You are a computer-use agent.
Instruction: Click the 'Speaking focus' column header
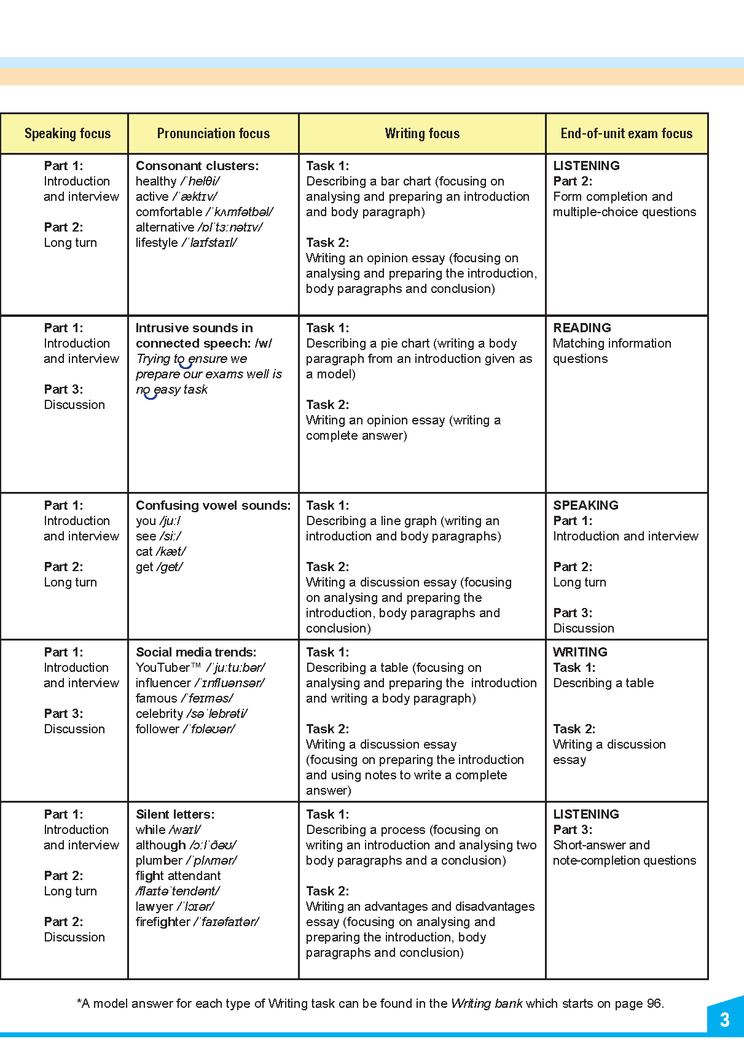coord(68,133)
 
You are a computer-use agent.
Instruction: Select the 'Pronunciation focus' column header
coord(213,133)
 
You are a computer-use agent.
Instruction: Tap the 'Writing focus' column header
coord(422,133)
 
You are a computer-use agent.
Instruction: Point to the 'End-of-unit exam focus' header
coord(626,133)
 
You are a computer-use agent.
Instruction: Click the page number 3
coord(724,1020)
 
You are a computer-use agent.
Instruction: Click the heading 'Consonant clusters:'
coord(197,166)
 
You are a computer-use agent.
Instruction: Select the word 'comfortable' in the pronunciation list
coord(169,212)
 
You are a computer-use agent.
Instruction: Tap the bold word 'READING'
coord(582,328)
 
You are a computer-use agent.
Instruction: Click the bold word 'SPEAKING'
coord(585,505)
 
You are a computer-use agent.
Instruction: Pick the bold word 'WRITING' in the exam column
coord(580,652)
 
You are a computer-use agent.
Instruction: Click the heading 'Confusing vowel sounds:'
coord(213,505)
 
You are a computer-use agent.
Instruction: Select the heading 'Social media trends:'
coord(196,652)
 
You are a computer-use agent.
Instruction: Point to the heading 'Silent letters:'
coord(175,814)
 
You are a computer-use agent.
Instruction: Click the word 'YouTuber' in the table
coord(163,668)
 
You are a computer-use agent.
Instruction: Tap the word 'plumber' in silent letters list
coord(159,860)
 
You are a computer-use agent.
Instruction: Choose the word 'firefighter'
coord(163,922)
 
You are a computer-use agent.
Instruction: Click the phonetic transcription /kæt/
coord(171,551)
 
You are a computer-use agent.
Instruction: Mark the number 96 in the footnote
coord(654,1003)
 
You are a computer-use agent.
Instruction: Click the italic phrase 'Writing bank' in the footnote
coord(487,1003)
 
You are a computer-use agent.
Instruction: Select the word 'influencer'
coord(163,683)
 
